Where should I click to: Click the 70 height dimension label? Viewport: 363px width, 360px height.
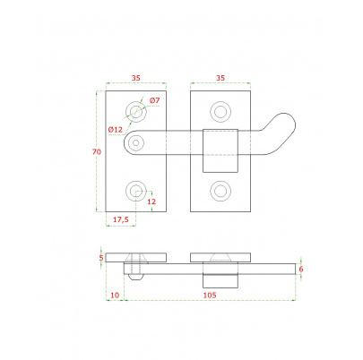point(97,152)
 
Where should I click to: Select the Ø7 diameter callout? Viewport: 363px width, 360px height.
point(154,100)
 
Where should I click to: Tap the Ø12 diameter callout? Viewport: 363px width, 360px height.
point(116,130)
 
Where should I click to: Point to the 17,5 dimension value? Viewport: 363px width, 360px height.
point(121,219)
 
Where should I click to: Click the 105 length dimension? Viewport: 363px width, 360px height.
point(210,296)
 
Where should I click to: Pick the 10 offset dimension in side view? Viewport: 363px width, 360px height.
point(115,296)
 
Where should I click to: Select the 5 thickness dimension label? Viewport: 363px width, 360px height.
point(101,257)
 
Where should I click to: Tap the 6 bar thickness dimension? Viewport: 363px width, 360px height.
point(301,269)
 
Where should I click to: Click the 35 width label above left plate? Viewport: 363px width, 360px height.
point(135,78)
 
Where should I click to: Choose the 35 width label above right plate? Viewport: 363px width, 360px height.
point(220,78)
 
